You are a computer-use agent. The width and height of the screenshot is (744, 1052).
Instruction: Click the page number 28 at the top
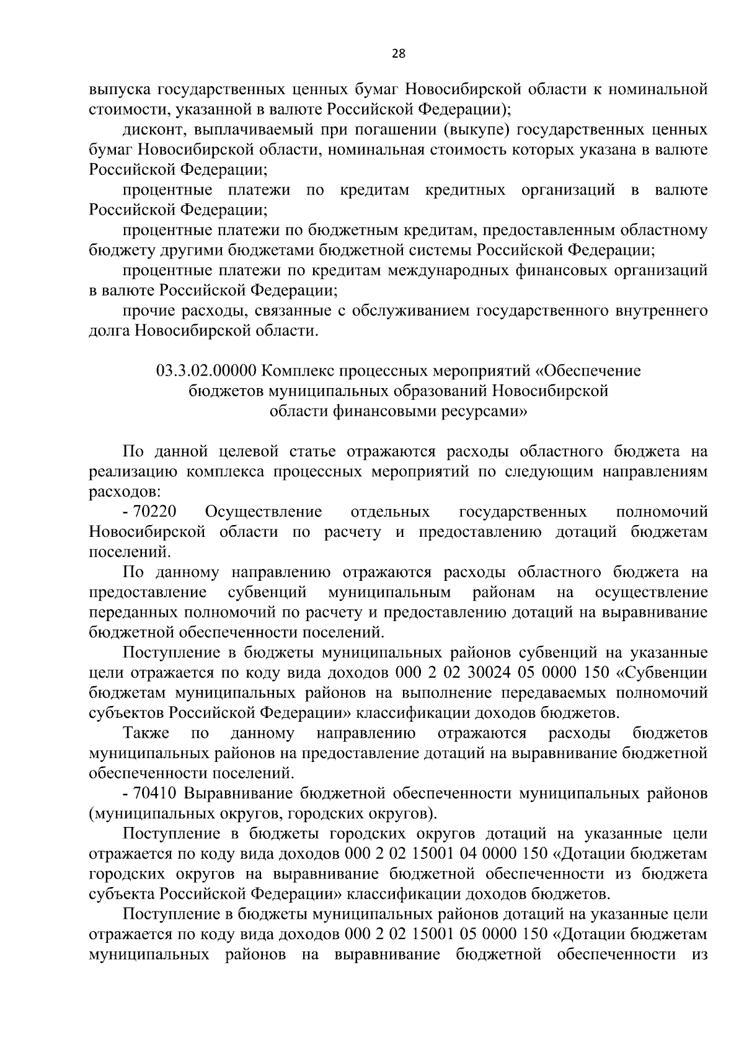click(398, 53)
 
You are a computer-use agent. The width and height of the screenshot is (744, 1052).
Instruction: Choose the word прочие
click(149, 310)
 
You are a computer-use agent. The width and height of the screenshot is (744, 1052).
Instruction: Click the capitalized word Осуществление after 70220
click(263, 512)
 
